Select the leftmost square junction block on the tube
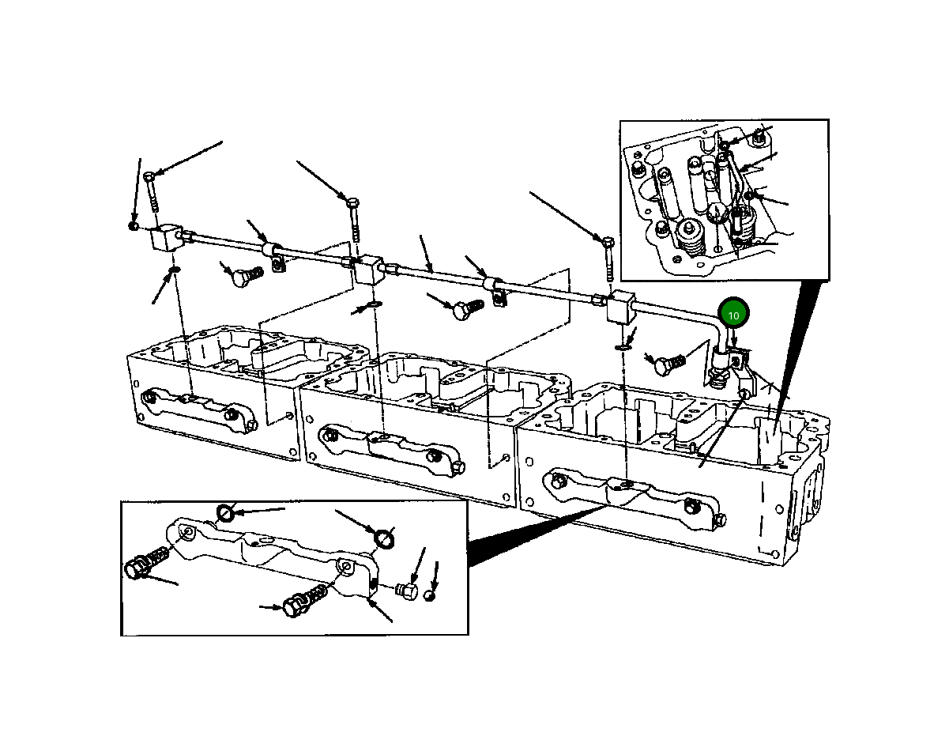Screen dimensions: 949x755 pos(167,238)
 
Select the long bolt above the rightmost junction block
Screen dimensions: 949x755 pos(608,259)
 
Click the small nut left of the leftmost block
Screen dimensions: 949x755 pos(133,226)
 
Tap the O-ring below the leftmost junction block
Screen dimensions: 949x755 pos(174,269)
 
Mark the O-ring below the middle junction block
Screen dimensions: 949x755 pos(375,304)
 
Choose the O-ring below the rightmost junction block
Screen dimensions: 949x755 pos(621,348)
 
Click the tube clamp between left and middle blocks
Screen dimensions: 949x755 pos(274,256)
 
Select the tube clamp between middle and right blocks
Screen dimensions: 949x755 pos(495,290)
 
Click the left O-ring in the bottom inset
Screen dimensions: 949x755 pos(225,513)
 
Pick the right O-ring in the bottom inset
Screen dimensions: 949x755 pos(384,539)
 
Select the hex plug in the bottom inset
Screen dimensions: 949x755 pos(407,591)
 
